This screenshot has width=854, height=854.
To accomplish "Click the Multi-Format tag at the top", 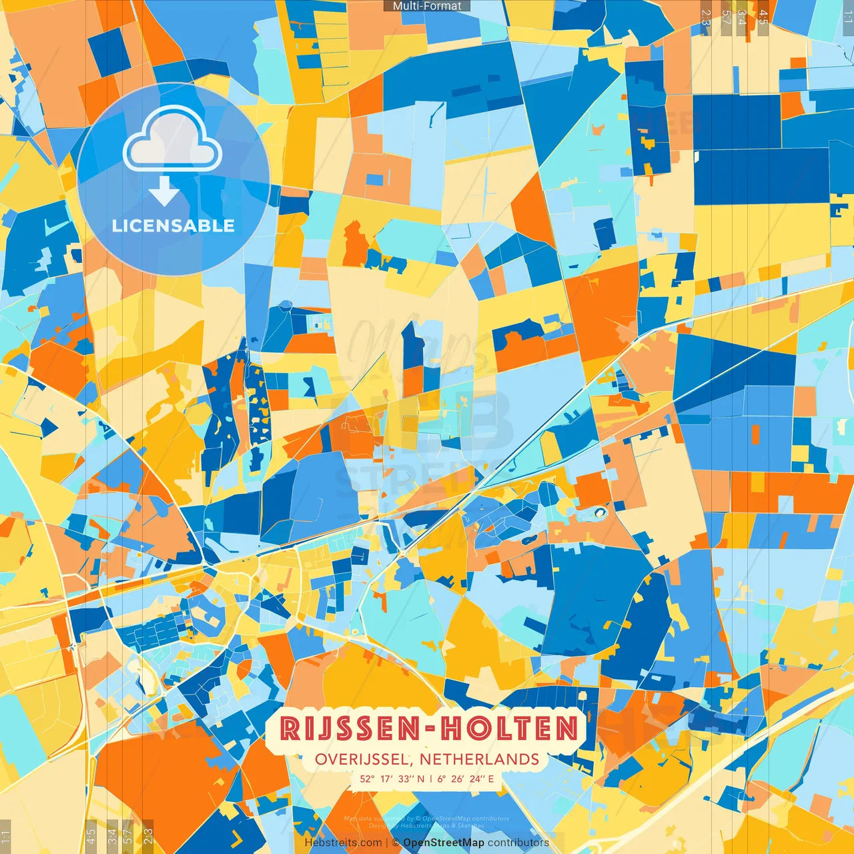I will point(427,6).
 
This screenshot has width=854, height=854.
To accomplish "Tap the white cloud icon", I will point(172,140).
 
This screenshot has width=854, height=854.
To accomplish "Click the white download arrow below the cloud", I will point(164,191).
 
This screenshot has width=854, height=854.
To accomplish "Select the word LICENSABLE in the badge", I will point(173,226).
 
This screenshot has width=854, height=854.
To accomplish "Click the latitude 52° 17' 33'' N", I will point(392,779).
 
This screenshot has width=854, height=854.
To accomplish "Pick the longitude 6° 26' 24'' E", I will point(466,779).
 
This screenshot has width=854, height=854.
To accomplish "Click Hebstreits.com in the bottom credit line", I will point(344,843).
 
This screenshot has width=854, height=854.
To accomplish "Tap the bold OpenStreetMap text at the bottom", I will point(444,843).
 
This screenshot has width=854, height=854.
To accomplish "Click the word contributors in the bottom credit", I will point(518,843).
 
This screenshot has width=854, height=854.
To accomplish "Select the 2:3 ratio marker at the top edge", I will point(706,17).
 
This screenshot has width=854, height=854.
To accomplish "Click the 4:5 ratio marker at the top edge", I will point(763,17).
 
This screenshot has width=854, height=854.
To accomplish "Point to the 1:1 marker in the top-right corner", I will point(847,17).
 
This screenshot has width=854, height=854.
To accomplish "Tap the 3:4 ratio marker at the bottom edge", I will point(112,835).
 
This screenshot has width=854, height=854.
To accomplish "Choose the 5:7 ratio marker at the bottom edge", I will point(128,835).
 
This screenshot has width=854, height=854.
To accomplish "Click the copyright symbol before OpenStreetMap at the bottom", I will point(396,843).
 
